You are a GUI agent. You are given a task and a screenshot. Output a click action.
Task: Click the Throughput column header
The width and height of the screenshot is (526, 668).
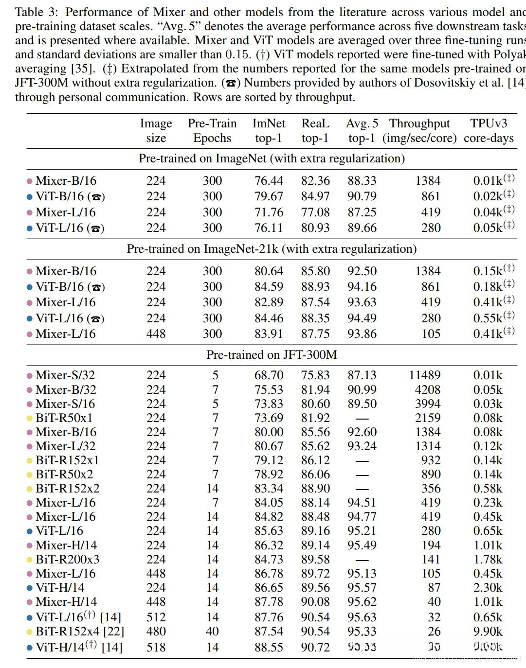[x=419, y=130]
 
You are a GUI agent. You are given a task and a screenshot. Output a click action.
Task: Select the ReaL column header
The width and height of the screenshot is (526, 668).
[x=315, y=130]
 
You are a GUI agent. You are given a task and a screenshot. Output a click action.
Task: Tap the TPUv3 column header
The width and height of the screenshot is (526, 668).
[x=489, y=130]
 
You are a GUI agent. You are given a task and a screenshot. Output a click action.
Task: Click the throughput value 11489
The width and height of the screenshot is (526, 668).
[x=424, y=375]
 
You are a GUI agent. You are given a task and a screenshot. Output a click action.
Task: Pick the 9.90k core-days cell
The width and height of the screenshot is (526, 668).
[x=488, y=631]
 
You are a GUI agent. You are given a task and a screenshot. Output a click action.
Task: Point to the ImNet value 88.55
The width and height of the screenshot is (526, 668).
[x=269, y=647]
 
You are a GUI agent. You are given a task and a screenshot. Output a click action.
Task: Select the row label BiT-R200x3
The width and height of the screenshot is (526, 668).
[x=67, y=559]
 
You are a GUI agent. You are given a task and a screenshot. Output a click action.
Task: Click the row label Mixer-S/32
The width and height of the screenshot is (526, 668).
[x=65, y=375]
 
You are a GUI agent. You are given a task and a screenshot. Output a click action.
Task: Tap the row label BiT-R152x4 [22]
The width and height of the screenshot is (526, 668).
[x=80, y=631]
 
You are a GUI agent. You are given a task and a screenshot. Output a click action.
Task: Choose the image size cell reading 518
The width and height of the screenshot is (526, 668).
[x=156, y=647]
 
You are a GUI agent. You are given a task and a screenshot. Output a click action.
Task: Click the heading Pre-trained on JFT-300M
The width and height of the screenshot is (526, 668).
[x=272, y=354]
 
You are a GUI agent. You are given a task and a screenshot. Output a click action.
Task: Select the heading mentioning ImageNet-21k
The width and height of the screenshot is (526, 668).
[x=272, y=249]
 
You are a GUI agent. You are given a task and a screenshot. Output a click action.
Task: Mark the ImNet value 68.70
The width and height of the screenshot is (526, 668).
[x=269, y=375]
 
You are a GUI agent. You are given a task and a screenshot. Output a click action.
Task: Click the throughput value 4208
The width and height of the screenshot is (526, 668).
[x=428, y=389]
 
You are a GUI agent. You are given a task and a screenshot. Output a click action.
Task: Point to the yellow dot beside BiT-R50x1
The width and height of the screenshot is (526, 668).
[x=29, y=418]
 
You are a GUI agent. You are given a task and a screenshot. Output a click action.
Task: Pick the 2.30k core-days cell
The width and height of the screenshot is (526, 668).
[x=488, y=587]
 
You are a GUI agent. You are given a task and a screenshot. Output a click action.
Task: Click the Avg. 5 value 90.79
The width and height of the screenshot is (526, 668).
[x=362, y=196]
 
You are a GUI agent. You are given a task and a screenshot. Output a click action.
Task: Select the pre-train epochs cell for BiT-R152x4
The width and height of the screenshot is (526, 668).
[x=212, y=631]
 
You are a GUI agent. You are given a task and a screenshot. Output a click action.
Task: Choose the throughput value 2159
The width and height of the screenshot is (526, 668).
[x=428, y=418]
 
